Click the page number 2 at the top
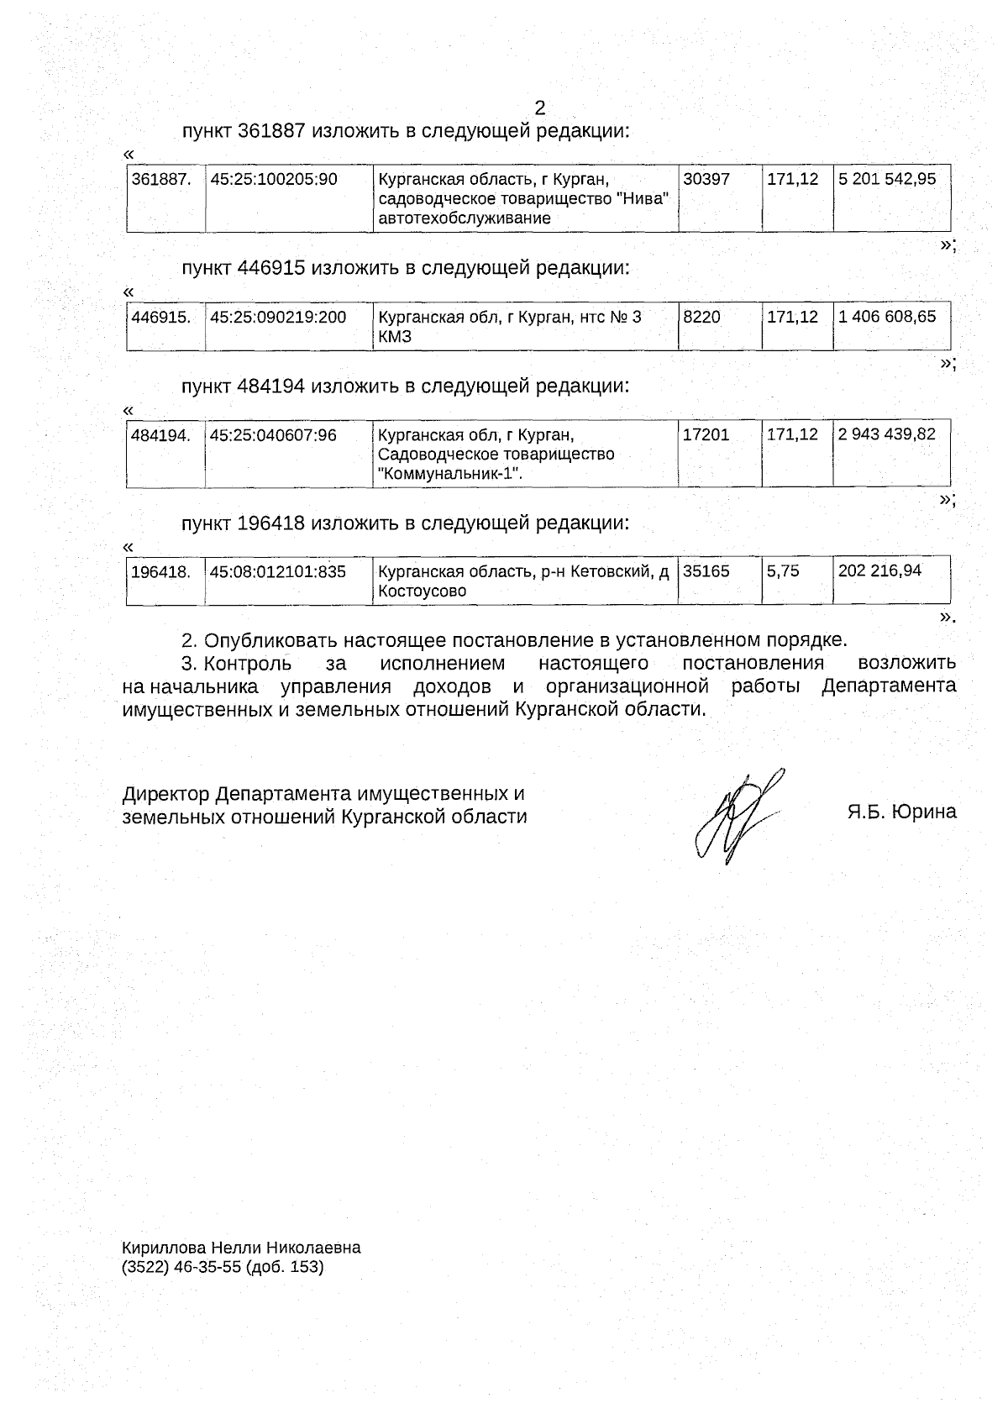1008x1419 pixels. pyautogui.click(x=539, y=108)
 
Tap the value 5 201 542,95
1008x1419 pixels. pyautogui.click(x=887, y=179)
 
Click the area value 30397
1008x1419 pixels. pyautogui.click(x=706, y=179)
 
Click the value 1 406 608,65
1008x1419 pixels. pyautogui.click(x=887, y=317)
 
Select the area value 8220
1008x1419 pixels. pyautogui.click(x=702, y=317)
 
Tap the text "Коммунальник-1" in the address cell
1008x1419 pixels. pyautogui.click(x=449, y=474)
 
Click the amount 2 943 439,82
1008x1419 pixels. pyautogui.click(x=887, y=434)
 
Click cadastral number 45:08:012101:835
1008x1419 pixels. pyautogui.click(x=277, y=571)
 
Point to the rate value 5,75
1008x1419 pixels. pyautogui.click(x=783, y=571)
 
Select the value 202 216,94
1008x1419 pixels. pyautogui.click(x=879, y=571)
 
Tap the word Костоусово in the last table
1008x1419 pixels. pyautogui.click(x=422, y=591)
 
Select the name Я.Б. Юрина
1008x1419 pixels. pyautogui.click(x=901, y=812)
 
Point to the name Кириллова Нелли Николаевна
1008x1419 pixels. pyautogui.click(x=241, y=1248)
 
